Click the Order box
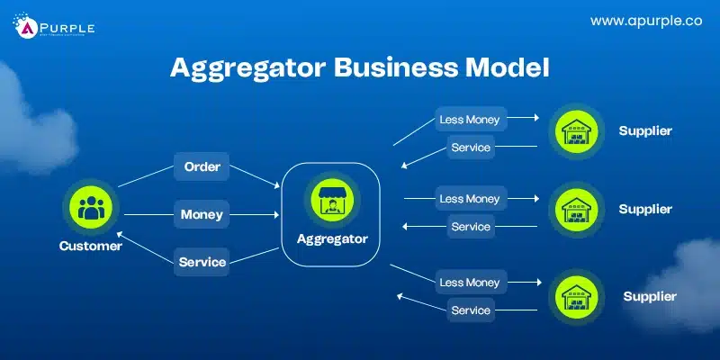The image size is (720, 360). tap(202, 166)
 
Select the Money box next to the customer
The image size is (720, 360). tap(202, 215)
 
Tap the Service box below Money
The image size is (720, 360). tap(202, 263)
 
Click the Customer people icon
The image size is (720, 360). tap(90, 208)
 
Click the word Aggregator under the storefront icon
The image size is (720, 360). tap(331, 239)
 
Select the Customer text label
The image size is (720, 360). tap(91, 245)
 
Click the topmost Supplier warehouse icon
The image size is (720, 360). tap(576, 132)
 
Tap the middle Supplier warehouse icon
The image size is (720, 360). tap(576, 210)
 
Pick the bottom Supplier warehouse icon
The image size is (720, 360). tap(576, 295)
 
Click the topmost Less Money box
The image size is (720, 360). tap(469, 119)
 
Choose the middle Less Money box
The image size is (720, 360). tap(469, 198)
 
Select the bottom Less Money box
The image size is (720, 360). tap(469, 283)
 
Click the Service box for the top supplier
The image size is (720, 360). tap(471, 147)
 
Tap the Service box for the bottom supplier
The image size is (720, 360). tap(471, 310)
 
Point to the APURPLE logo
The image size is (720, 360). tap(54, 26)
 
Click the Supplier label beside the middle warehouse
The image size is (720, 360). tap(645, 209)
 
